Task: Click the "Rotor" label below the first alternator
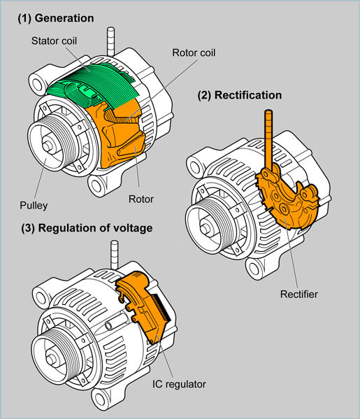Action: pyautogui.click(x=141, y=199)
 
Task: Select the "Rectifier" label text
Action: pyautogui.click(x=298, y=294)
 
